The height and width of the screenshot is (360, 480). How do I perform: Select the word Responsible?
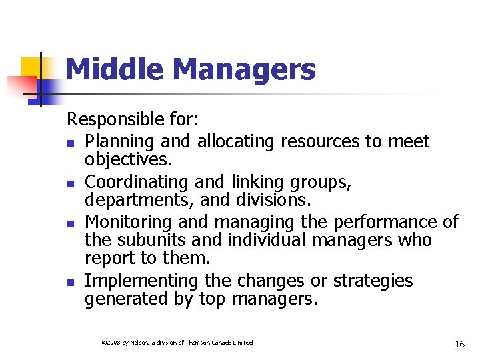114,120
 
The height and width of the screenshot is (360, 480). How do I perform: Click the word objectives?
127,161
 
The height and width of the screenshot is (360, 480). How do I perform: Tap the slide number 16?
459,344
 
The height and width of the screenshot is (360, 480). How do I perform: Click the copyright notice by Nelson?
176,343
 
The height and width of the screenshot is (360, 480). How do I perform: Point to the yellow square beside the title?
33,68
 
